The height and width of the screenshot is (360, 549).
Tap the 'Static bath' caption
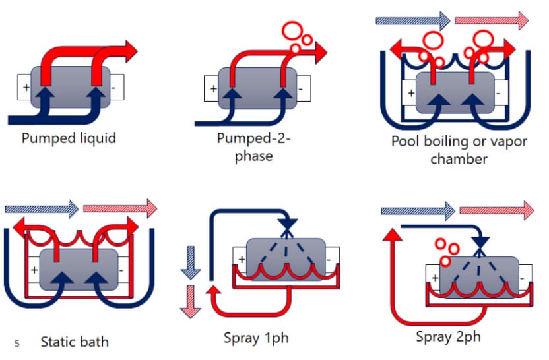75,342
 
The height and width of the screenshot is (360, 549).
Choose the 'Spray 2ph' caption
448,337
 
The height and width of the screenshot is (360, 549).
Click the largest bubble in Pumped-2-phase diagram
291,30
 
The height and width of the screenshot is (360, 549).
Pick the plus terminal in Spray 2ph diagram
434,278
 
